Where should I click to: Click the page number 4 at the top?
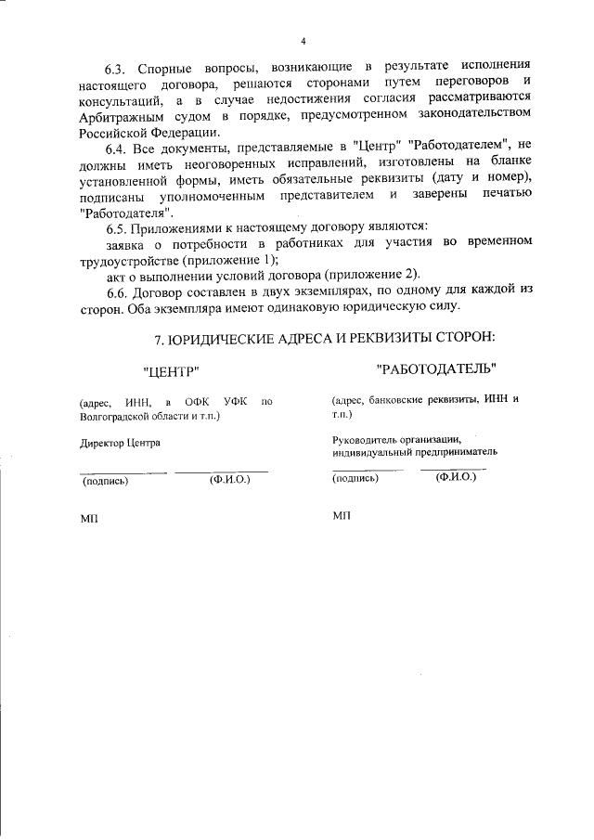(x=303, y=41)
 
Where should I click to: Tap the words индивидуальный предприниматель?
(x=414, y=452)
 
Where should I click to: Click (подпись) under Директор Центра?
(x=106, y=481)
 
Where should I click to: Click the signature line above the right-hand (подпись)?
(x=368, y=470)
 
